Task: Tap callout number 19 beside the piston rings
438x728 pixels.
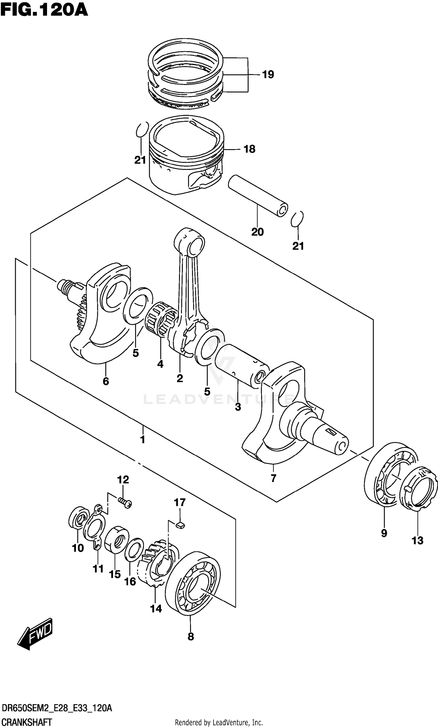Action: [x=268, y=74]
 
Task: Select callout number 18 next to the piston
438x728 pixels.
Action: [x=249, y=149]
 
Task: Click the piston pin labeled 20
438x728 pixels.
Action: [x=257, y=195]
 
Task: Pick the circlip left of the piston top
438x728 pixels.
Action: [x=142, y=130]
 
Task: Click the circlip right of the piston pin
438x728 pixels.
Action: [x=297, y=219]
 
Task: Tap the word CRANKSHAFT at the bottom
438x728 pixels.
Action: [x=27, y=720]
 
